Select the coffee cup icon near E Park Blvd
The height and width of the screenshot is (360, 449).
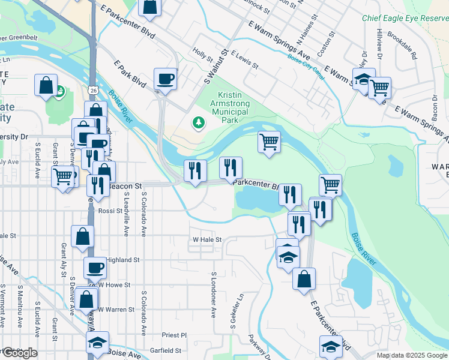pyautogui.click(x=165, y=79)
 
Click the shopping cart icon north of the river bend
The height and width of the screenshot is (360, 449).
pyautogui.click(x=270, y=142)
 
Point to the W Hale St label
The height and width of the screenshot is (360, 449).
pyautogui.click(x=207, y=239)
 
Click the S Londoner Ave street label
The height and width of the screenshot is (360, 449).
pyautogui.click(x=213, y=294)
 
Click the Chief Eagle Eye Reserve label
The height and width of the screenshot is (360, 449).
pyautogui.click(x=405, y=18)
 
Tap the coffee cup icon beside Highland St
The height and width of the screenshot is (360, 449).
pyautogui.click(x=94, y=267)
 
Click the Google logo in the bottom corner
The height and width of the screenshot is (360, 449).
pyautogui.click(x=19, y=353)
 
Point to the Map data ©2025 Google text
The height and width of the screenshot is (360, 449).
pyautogui.click(x=412, y=355)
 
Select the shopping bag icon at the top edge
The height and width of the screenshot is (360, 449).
pyautogui.click(x=149, y=7)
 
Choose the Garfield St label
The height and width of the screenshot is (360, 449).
pyautogui.click(x=166, y=350)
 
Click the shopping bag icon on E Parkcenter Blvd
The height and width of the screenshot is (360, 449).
pyautogui.click(x=304, y=278)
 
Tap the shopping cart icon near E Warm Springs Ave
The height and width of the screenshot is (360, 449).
pyautogui.click(x=379, y=88)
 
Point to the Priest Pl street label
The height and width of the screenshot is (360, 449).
pyautogui.click(x=175, y=335)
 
